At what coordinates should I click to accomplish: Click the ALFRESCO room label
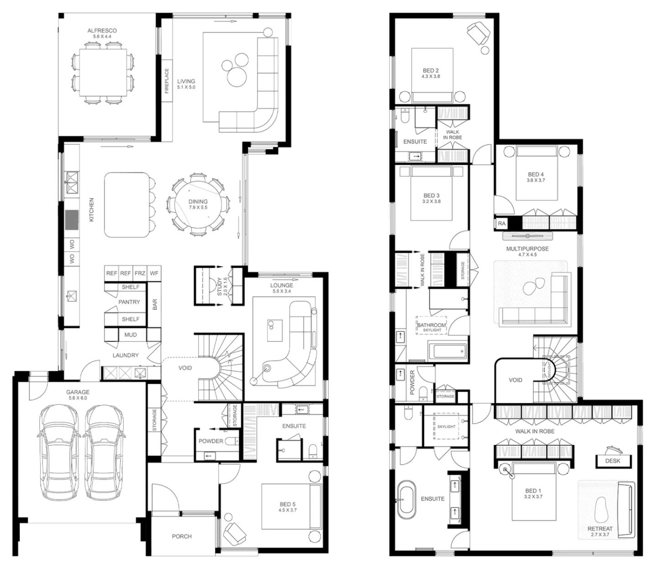102,31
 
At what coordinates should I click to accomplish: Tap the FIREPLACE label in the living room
167,81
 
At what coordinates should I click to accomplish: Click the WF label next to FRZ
154,273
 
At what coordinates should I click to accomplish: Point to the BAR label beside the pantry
155,304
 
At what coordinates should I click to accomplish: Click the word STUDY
219,287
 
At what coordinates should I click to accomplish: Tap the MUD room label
130,335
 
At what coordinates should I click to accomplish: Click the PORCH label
182,536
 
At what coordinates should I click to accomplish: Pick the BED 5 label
287,504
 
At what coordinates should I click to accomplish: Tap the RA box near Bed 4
501,224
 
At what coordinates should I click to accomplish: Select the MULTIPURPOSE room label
527,249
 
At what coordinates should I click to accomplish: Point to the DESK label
612,460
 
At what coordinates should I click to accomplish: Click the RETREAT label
600,529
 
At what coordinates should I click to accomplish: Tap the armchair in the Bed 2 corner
478,33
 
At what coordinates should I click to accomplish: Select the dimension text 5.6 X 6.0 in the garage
78,398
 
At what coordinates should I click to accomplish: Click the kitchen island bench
127,205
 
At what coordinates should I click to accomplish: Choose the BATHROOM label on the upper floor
431,325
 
